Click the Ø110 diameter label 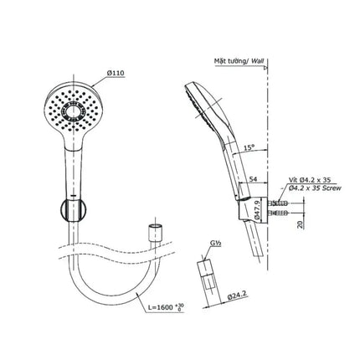click(x=115, y=73)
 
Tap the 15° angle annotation click(x=249, y=147)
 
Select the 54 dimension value click(x=253, y=179)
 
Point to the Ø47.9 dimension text click(x=257, y=208)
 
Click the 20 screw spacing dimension click(x=301, y=224)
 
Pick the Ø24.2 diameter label click(x=237, y=296)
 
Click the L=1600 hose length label click(x=166, y=307)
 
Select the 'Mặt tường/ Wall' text click(x=239, y=61)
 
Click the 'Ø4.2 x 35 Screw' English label click(x=316, y=188)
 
